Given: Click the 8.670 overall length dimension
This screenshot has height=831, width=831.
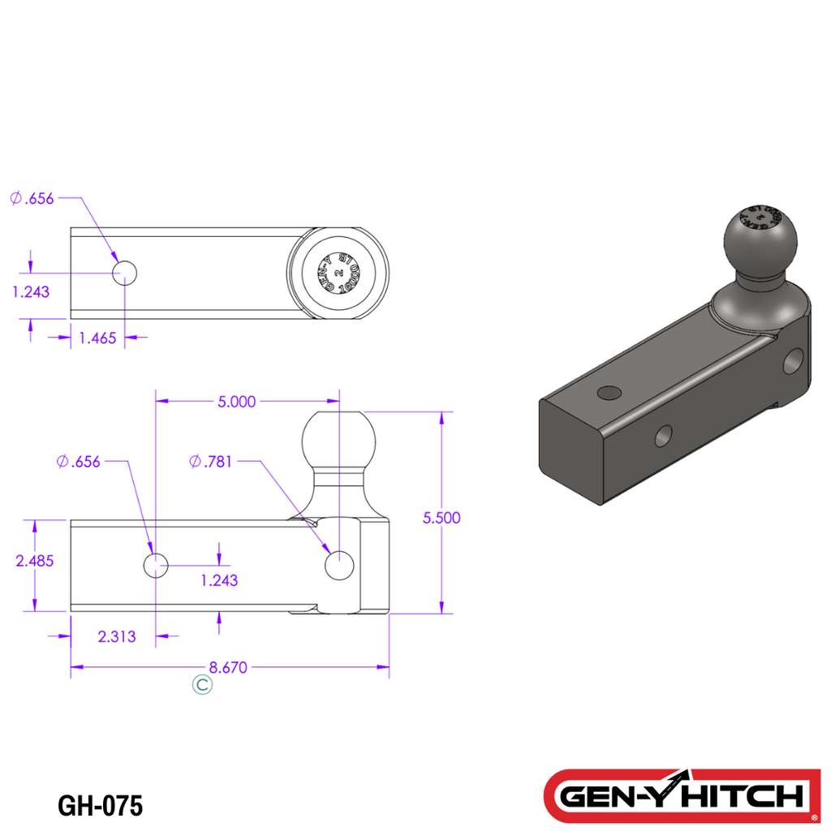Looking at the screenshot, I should coord(227,668).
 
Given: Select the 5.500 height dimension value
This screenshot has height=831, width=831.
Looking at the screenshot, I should coord(441,518).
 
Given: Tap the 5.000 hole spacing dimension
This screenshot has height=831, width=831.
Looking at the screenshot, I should coord(237,401).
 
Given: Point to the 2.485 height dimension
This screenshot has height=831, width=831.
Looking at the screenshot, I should coord(34,560).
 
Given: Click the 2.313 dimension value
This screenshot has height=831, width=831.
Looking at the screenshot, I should coord(116,637).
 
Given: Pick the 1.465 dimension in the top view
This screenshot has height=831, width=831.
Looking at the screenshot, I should coord(97,338).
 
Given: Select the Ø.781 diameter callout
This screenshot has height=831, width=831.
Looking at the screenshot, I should coord(211,462).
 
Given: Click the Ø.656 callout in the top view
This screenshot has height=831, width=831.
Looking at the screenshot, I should coord(32,198).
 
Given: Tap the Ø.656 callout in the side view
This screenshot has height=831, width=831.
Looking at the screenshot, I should coord(79,462).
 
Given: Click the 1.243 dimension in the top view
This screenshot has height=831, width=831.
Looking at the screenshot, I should coord(31,291).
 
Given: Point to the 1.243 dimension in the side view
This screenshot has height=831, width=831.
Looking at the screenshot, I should coord(219,580).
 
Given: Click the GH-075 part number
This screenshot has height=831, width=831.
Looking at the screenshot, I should coord(101,806).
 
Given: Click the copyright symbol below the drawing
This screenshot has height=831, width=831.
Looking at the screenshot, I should coord(202,685).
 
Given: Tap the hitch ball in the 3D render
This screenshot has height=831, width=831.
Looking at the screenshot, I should coord(760,240).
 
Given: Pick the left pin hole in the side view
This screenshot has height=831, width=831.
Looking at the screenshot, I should coord(155,565).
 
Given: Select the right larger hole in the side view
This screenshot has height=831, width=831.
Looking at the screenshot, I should coord(338,565).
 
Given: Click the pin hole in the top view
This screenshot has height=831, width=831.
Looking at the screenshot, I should coord(125,273).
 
